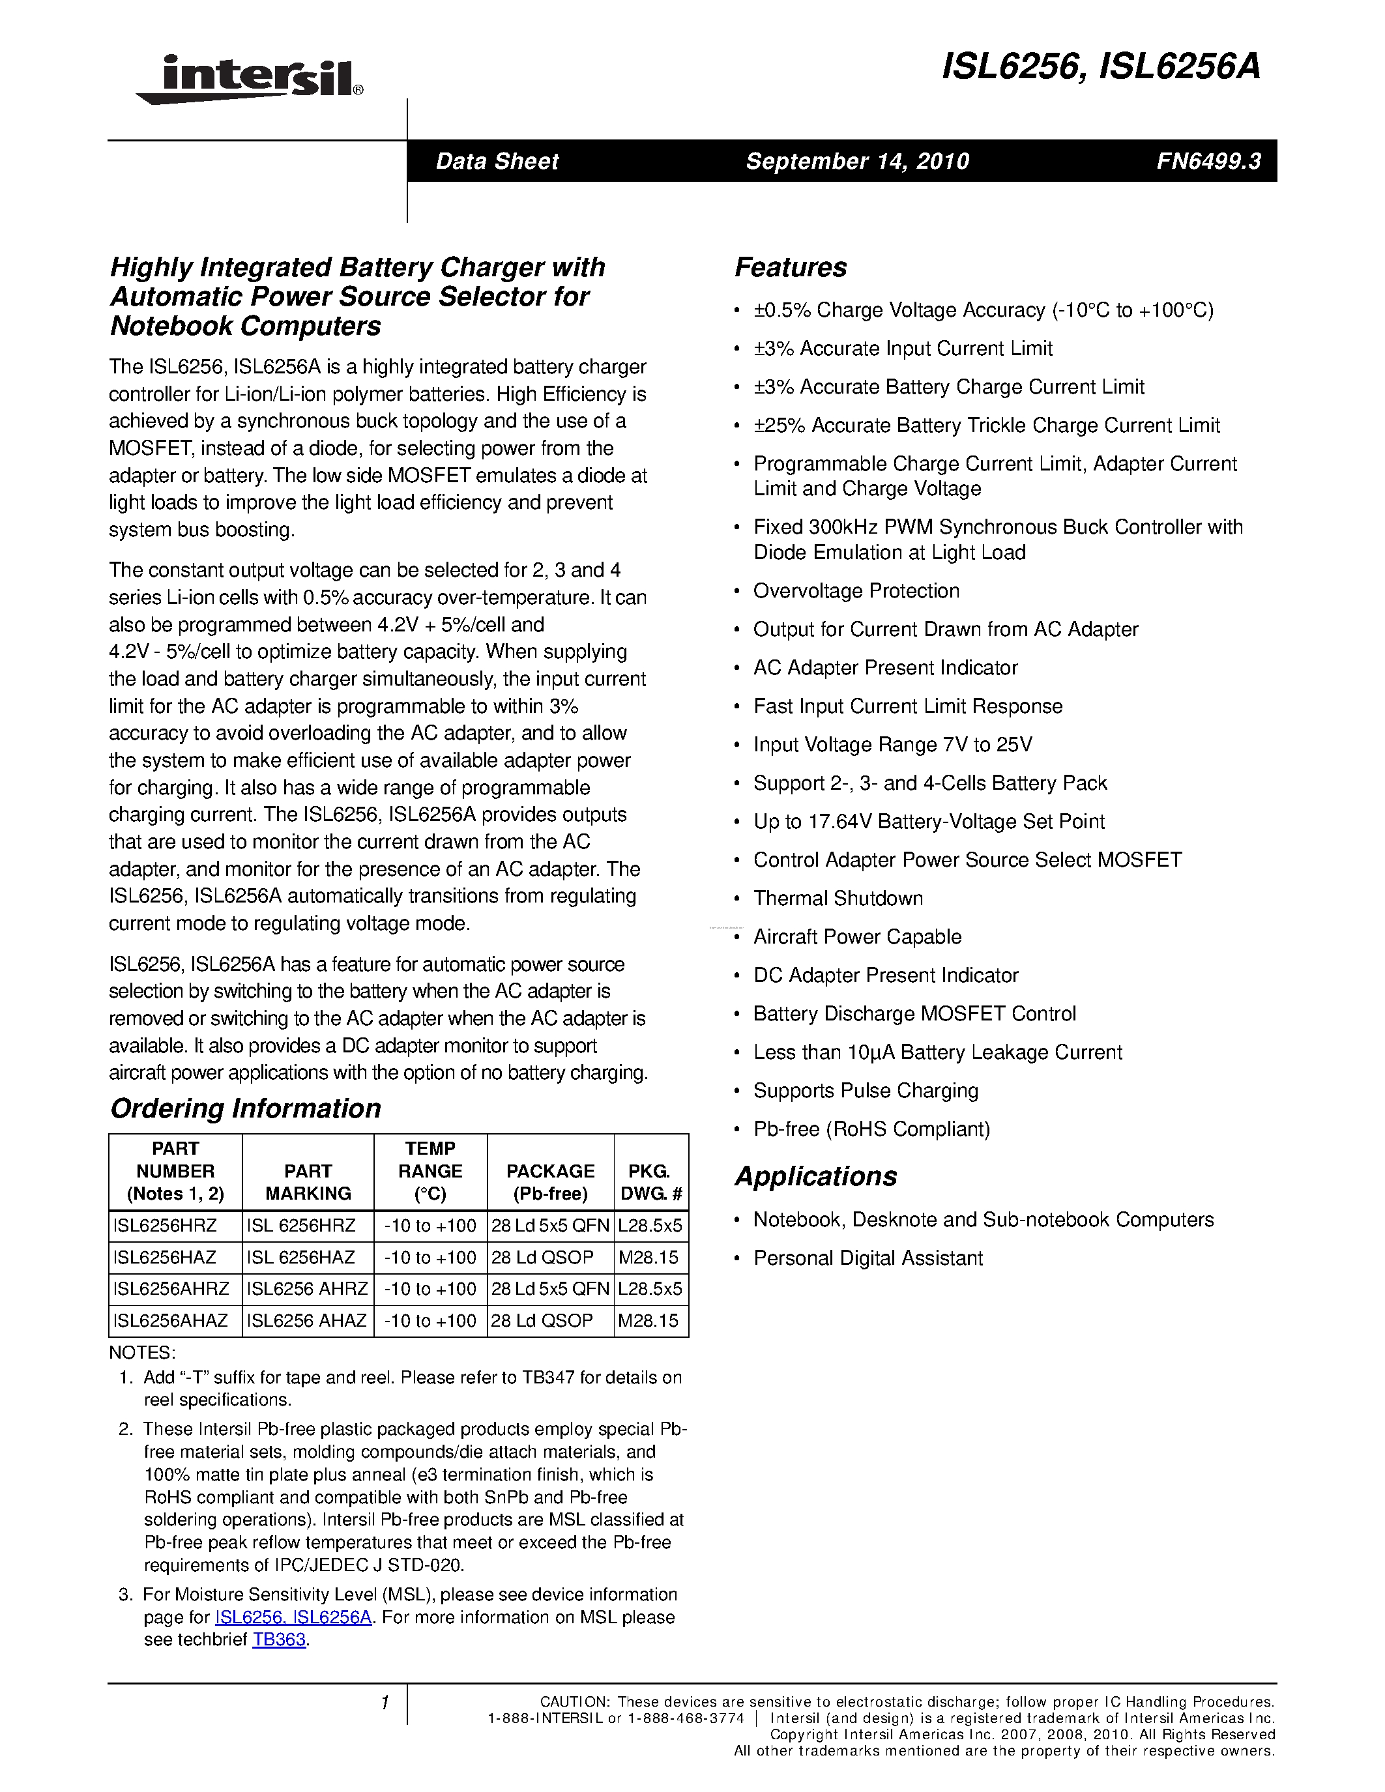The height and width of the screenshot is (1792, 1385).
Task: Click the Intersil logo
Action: pyautogui.click(x=250, y=80)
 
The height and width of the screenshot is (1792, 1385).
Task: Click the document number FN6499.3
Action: pyautogui.click(x=1208, y=161)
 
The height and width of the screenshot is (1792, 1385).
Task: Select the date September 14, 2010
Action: pyautogui.click(x=856, y=161)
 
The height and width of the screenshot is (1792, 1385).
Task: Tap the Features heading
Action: pyautogui.click(x=790, y=267)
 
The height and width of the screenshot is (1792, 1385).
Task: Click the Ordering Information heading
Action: pyautogui.click(x=245, y=1108)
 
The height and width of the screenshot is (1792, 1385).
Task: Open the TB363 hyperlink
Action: pyautogui.click(x=279, y=1640)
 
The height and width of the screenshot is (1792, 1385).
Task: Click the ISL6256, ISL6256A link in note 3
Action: pyautogui.click(x=293, y=1617)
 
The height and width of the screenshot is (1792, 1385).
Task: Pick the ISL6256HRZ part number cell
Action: pyautogui.click(x=165, y=1226)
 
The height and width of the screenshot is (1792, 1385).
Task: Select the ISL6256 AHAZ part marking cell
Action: pyautogui.click(x=307, y=1320)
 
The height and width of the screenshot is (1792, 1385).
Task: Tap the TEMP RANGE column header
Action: pyautogui.click(x=430, y=1171)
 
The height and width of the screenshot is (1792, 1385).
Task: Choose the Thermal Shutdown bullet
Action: pyautogui.click(x=838, y=899)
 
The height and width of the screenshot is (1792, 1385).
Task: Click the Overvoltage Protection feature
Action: pyautogui.click(x=856, y=591)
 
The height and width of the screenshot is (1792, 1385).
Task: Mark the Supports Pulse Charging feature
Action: pyautogui.click(x=866, y=1090)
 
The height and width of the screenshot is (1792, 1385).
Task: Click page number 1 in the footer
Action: pyautogui.click(x=384, y=1703)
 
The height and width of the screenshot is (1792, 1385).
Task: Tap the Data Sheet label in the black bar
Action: pyautogui.click(x=497, y=161)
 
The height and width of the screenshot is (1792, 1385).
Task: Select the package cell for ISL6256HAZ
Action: pyautogui.click(x=542, y=1257)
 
